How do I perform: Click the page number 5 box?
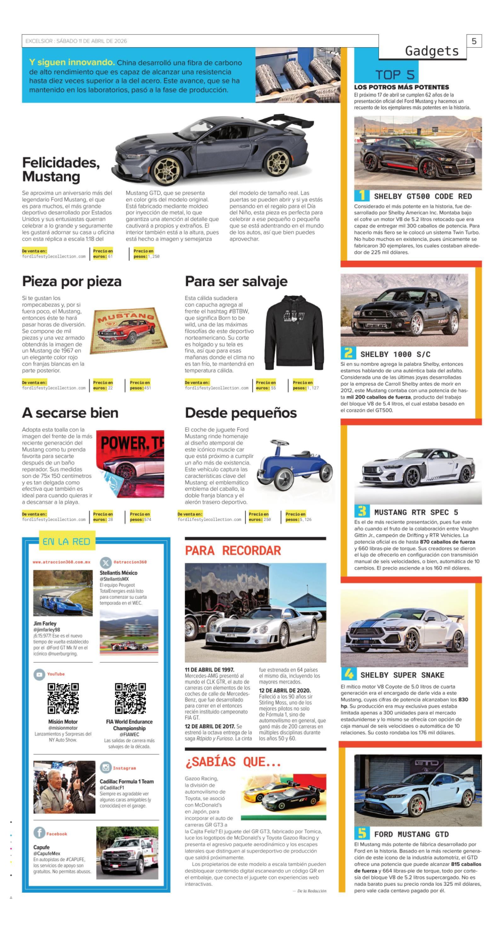coord(474,41)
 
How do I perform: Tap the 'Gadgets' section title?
coord(432,51)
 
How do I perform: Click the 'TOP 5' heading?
coord(395,75)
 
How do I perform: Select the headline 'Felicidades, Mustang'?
coord(61,169)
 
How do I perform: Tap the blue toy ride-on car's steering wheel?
coord(280,443)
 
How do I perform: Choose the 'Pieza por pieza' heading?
coord(72,281)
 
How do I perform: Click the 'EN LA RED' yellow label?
coord(66,541)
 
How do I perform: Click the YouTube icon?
coord(39,674)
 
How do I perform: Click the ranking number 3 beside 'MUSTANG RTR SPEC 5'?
coord(362,511)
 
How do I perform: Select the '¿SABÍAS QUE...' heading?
coord(232,761)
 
